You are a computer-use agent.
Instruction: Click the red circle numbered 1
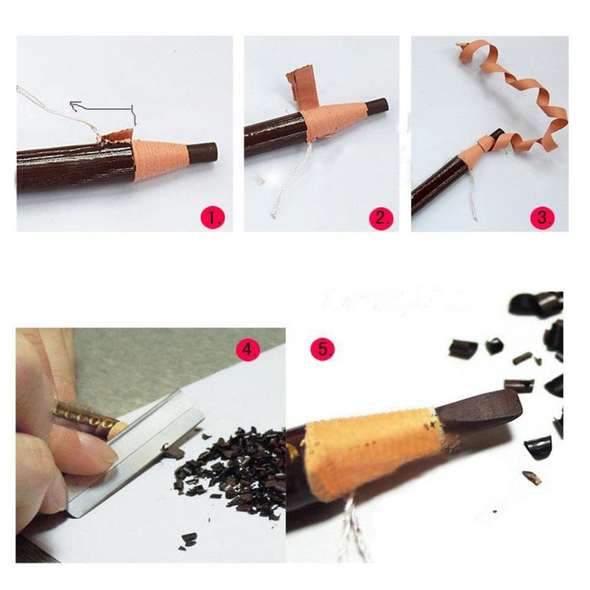[213, 217]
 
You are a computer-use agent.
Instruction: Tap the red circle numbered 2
[381, 217]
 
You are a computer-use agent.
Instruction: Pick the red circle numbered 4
[248, 350]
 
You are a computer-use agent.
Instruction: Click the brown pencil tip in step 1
[202, 152]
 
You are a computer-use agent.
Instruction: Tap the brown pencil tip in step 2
[377, 106]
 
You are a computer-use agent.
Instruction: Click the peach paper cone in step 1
[160, 158]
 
